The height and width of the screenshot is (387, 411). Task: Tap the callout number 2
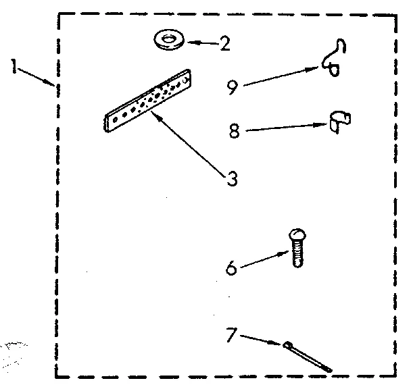pos(224,45)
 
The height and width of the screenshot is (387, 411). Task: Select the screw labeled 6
pos(296,248)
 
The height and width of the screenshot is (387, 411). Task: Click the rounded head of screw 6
pos(296,236)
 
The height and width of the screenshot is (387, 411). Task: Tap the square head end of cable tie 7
pos(289,346)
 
